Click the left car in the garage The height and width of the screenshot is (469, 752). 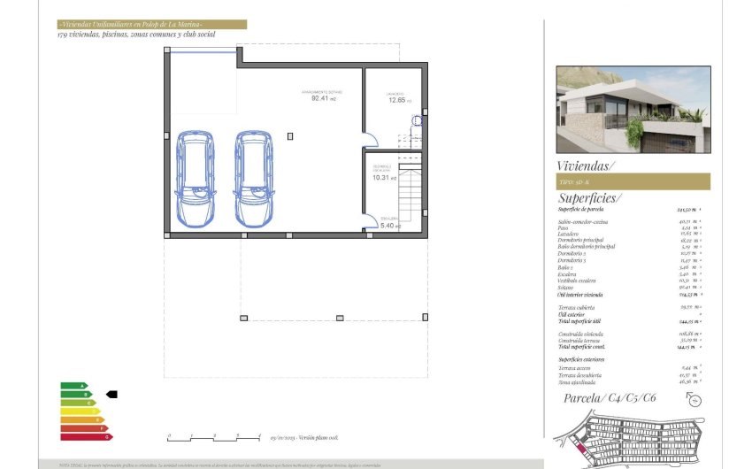(196, 179)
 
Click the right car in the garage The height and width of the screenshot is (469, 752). (254, 179)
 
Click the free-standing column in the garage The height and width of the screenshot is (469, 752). (291, 135)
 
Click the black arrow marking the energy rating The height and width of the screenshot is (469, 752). (111, 394)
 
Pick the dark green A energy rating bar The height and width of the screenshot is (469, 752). (73, 386)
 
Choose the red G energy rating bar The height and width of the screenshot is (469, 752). (86, 436)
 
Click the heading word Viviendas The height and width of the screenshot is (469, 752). (585, 165)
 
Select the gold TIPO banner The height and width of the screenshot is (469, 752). (633, 181)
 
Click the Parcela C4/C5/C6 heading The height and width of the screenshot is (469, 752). (610, 398)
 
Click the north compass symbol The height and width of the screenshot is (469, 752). (694, 400)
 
